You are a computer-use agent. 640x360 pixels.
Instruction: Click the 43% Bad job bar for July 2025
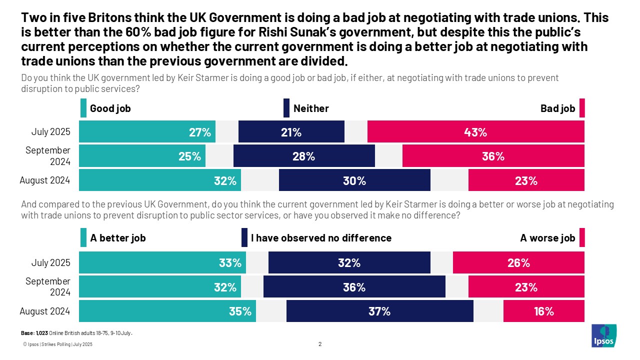point(475,132)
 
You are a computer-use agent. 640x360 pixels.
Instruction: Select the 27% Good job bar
point(147,132)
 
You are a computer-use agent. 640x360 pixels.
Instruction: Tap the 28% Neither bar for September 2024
point(304,156)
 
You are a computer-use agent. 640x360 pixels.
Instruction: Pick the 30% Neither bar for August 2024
point(354,180)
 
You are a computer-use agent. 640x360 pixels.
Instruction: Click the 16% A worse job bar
point(543,311)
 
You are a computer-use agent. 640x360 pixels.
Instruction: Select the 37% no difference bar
point(379,311)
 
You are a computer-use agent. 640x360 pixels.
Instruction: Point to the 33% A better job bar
point(162,263)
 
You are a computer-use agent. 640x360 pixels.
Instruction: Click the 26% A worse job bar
point(518,263)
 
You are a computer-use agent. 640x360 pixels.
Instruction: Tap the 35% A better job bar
point(167,311)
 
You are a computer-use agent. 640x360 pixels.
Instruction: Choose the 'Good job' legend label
point(110,108)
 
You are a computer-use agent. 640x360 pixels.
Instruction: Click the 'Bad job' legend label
point(557,108)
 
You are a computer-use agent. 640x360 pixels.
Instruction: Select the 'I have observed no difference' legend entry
point(320,238)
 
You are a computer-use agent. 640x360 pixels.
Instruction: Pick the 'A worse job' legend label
point(547,238)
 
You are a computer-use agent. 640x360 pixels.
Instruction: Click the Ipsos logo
point(604,335)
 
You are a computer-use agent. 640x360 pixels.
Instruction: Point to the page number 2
point(320,344)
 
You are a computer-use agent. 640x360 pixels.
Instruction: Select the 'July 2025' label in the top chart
point(50,132)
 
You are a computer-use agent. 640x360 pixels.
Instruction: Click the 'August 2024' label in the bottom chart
point(45,311)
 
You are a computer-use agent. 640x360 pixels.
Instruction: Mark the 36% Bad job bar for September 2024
point(493,156)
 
